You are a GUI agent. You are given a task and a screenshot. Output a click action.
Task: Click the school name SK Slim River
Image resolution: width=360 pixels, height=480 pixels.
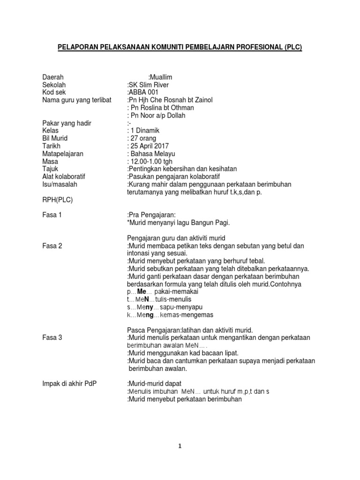[x=148, y=85]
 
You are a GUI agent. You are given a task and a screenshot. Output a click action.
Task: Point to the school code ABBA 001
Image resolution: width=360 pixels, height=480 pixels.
[x=143, y=92]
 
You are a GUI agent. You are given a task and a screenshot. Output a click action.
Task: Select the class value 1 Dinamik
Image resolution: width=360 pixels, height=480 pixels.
[x=146, y=131]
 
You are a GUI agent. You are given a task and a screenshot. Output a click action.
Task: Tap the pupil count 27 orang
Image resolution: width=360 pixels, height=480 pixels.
[x=143, y=138]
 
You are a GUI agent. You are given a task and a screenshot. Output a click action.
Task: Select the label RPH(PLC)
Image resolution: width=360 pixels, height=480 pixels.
[x=58, y=200]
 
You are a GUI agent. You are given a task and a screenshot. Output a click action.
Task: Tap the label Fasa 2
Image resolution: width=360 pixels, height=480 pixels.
[x=52, y=246]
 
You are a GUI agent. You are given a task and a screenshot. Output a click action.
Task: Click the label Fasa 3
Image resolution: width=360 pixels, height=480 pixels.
[x=52, y=337]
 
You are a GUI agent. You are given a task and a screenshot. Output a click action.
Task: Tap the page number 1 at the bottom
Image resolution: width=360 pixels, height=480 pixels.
[x=180, y=447]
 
